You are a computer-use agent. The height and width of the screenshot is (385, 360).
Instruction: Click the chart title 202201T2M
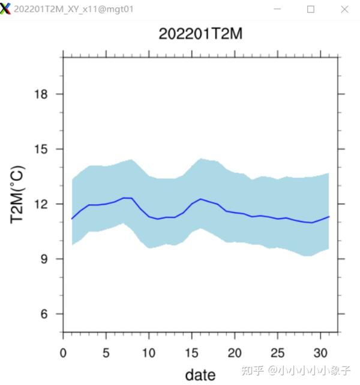(x=200, y=34)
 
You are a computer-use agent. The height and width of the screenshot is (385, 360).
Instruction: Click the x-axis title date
(x=200, y=375)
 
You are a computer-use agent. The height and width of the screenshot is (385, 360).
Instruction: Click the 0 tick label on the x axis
(x=63, y=352)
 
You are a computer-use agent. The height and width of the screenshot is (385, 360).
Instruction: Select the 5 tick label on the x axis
(x=106, y=352)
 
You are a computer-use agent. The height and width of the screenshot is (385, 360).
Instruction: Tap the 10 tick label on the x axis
(x=149, y=352)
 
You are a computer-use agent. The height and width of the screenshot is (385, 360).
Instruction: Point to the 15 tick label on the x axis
(x=191, y=352)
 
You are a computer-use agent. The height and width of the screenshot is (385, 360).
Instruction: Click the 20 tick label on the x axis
(x=235, y=352)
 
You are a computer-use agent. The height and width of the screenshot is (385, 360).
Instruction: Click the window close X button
(x=344, y=9)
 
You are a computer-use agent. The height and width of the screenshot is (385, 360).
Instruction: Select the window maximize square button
(x=311, y=9)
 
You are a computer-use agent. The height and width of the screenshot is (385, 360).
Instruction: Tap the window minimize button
(x=278, y=9)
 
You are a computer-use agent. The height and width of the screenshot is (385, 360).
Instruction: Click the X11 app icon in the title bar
(x=6, y=9)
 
